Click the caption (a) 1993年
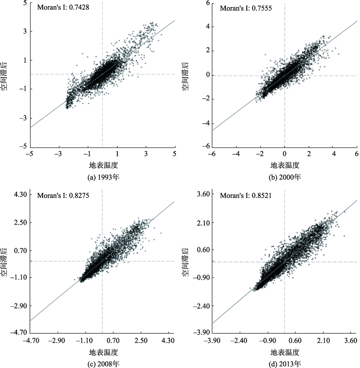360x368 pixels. click(x=102, y=178)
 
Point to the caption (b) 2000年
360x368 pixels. click(x=285, y=178)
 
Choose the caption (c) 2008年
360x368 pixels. click(x=102, y=364)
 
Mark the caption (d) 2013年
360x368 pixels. click(x=285, y=364)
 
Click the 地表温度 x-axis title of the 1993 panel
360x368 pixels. click(x=103, y=166)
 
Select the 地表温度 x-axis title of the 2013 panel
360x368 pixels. click(x=285, y=352)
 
